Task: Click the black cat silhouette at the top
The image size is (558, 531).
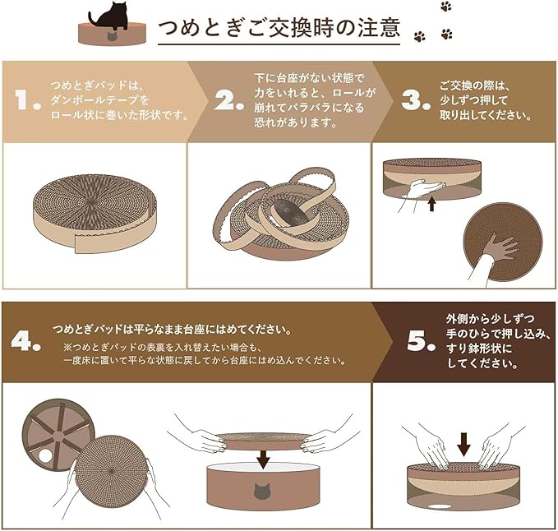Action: pos(109,16)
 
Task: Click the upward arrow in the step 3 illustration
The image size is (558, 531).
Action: pos(432,204)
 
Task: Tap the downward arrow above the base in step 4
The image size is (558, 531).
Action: pos(263,459)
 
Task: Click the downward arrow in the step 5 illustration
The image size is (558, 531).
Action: pos(463,445)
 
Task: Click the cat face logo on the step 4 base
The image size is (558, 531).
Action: pos(262,491)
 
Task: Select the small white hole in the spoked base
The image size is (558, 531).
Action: pos(45,455)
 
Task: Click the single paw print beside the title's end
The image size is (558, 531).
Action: pos(420,36)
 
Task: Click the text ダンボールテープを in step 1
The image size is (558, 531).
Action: pos(99,100)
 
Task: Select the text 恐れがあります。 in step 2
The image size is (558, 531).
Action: pos(295,122)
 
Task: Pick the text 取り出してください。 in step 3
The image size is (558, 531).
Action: pos(486,114)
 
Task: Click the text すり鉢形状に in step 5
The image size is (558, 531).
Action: pos(479,348)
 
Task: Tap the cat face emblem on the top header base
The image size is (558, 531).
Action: pos(112,37)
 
